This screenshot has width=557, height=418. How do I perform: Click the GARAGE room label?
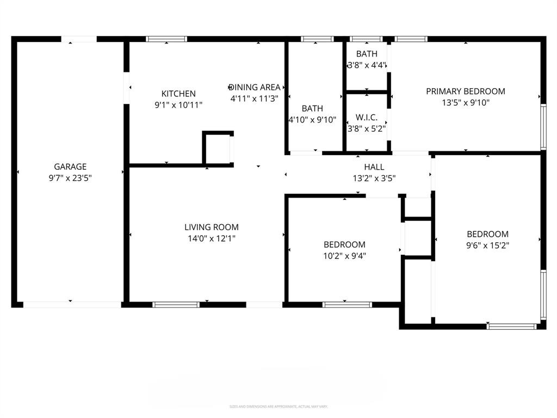tap(70, 167)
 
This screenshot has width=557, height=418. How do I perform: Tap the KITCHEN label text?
tap(178, 94)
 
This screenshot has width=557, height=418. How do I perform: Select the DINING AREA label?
tap(256, 87)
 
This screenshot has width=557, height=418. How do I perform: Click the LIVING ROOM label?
tap(211, 227)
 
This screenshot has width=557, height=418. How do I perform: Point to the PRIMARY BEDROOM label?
tap(465, 91)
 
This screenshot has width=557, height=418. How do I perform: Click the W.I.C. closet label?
tap(367, 118)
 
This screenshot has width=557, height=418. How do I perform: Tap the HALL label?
tap(374, 167)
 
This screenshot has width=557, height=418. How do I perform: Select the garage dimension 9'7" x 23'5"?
tap(70, 178)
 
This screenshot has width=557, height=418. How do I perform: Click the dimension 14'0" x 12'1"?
tap(211, 238)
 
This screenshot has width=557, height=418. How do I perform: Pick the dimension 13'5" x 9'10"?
tap(465, 103)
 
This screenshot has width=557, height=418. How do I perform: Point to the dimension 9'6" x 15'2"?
tap(487, 245)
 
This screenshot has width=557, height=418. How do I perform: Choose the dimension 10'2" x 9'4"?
tap(344, 256)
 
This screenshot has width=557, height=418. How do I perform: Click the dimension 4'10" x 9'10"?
tap(312, 120)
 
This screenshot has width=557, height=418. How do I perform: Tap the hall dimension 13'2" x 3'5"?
tap(374, 178)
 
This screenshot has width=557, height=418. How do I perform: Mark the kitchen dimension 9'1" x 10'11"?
tap(178, 105)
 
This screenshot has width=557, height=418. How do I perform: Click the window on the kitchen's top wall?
tap(166, 39)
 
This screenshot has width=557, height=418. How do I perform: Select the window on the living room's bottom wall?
tap(176, 305)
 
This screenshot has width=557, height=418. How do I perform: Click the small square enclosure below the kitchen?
tap(218, 148)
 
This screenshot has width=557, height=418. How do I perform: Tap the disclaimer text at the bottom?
tap(278, 407)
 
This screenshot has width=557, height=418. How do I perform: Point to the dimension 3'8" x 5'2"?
tap(367, 129)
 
